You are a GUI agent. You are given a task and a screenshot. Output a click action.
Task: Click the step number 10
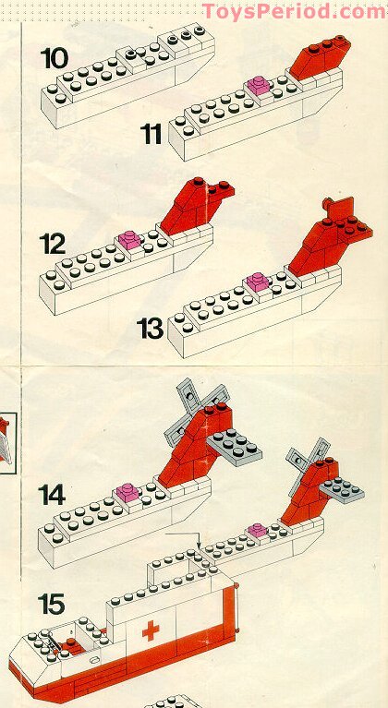(x=55, y=57)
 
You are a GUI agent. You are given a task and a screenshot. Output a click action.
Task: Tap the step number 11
(x=152, y=134)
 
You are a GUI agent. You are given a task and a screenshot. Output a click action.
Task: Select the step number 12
(x=53, y=245)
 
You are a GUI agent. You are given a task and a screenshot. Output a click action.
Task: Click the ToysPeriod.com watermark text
(x=294, y=11)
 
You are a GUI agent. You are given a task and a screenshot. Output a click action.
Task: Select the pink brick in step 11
(x=257, y=86)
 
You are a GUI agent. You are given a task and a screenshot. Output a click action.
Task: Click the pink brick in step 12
(x=128, y=239)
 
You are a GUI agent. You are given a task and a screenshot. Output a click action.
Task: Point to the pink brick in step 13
(x=257, y=281)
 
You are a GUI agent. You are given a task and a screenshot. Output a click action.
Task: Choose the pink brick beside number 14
(x=127, y=495)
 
